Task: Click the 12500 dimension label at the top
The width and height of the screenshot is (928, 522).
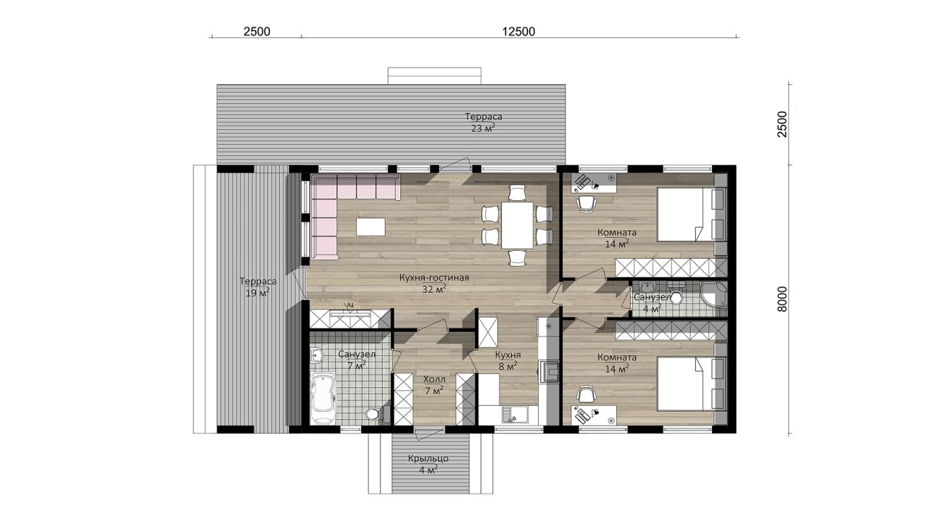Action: click(518, 31)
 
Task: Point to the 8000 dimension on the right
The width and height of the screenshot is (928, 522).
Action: click(782, 299)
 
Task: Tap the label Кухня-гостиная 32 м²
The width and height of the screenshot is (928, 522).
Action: click(434, 283)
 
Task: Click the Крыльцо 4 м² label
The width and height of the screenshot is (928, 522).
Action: click(428, 465)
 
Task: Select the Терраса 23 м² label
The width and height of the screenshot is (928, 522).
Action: click(483, 123)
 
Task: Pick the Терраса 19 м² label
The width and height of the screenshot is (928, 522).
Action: click(257, 287)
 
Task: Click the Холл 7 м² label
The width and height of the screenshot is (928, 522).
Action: click(434, 385)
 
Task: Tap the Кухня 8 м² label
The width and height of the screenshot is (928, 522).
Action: click(508, 360)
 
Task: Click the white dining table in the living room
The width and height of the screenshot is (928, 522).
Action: click(517, 225)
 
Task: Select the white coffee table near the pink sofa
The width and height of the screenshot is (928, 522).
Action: click(370, 227)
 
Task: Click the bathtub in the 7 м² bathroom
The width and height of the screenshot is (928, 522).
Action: click(323, 398)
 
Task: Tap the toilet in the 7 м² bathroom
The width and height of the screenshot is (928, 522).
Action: click(374, 414)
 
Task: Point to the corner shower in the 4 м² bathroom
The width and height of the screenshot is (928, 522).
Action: click(713, 295)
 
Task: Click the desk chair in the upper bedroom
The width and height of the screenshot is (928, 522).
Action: click(587, 204)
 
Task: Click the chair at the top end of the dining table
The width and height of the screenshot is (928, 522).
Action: click(517, 193)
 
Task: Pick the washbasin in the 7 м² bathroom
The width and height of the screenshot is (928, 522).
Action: click(317, 355)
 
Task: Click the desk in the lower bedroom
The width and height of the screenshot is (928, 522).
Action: click(594, 415)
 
